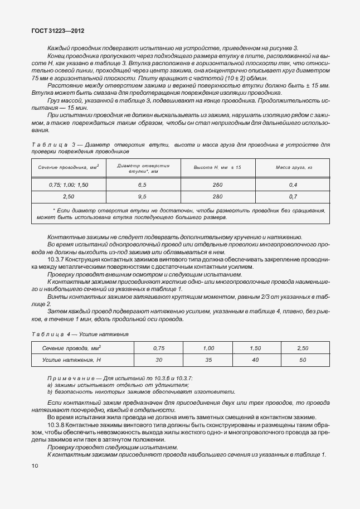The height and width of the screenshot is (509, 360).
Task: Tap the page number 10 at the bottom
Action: [35, 465]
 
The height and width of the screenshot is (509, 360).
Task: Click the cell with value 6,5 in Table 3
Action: [142, 185]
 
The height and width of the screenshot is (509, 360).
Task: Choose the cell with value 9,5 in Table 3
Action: [142, 197]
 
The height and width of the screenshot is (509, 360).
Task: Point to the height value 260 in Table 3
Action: [217, 185]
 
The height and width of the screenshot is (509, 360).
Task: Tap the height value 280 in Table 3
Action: [217, 197]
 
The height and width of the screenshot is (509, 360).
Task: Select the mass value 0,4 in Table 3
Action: [294, 185]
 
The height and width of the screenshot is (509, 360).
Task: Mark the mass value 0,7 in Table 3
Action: [294, 197]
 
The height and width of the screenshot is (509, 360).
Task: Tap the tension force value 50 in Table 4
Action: [303, 360]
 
